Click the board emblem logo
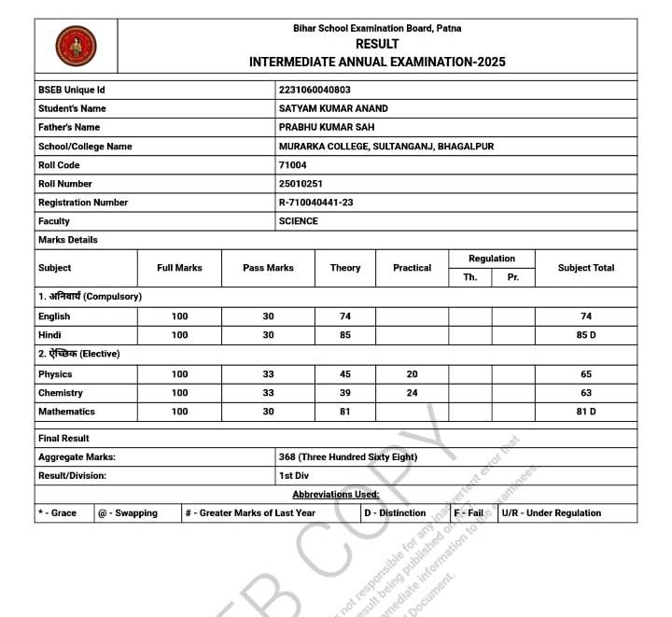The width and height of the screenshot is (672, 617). (76, 45)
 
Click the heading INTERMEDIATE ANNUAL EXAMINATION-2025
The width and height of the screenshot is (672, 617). (377, 62)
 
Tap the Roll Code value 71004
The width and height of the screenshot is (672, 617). (292, 165)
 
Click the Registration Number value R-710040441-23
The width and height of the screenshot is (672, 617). (315, 203)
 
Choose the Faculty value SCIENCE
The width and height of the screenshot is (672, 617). (298, 221)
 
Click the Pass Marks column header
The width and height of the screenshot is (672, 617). (268, 268)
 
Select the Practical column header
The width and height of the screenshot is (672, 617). (412, 268)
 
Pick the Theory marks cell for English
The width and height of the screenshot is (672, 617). (345, 316)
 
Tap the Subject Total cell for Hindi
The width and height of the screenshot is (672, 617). (586, 335)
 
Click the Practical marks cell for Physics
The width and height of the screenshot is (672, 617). (412, 374)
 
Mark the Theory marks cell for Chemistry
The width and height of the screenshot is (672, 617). (345, 393)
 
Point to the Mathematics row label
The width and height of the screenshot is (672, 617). (66, 412)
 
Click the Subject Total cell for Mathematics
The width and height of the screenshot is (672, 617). (586, 412)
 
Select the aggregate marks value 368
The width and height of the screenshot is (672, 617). (347, 457)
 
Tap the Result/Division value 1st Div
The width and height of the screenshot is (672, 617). (295, 476)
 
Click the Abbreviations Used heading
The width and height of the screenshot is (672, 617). (336, 495)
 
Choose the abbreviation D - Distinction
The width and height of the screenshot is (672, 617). (397, 513)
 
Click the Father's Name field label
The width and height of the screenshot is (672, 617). (68, 127)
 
